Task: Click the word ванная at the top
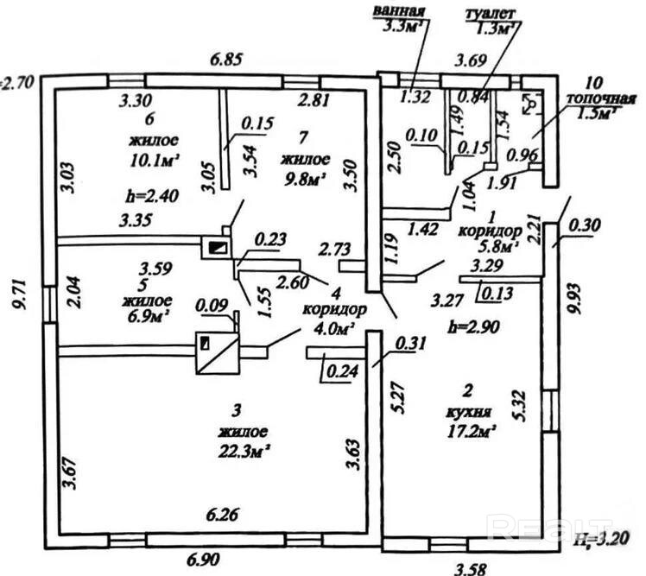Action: [400, 11]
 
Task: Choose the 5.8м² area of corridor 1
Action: [494, 246]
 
